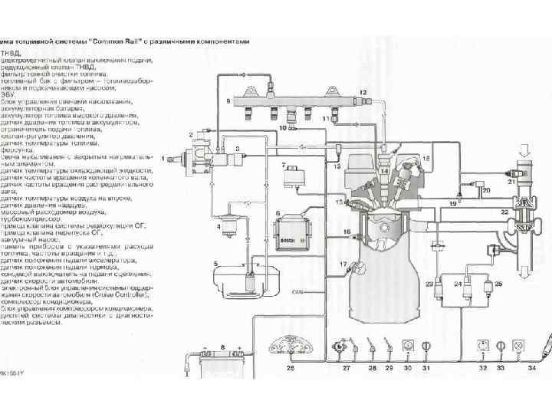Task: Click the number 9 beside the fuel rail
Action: (x=228, y=100)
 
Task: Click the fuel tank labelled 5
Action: (x=240, y=280)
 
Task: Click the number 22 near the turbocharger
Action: (x=504, y=212)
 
